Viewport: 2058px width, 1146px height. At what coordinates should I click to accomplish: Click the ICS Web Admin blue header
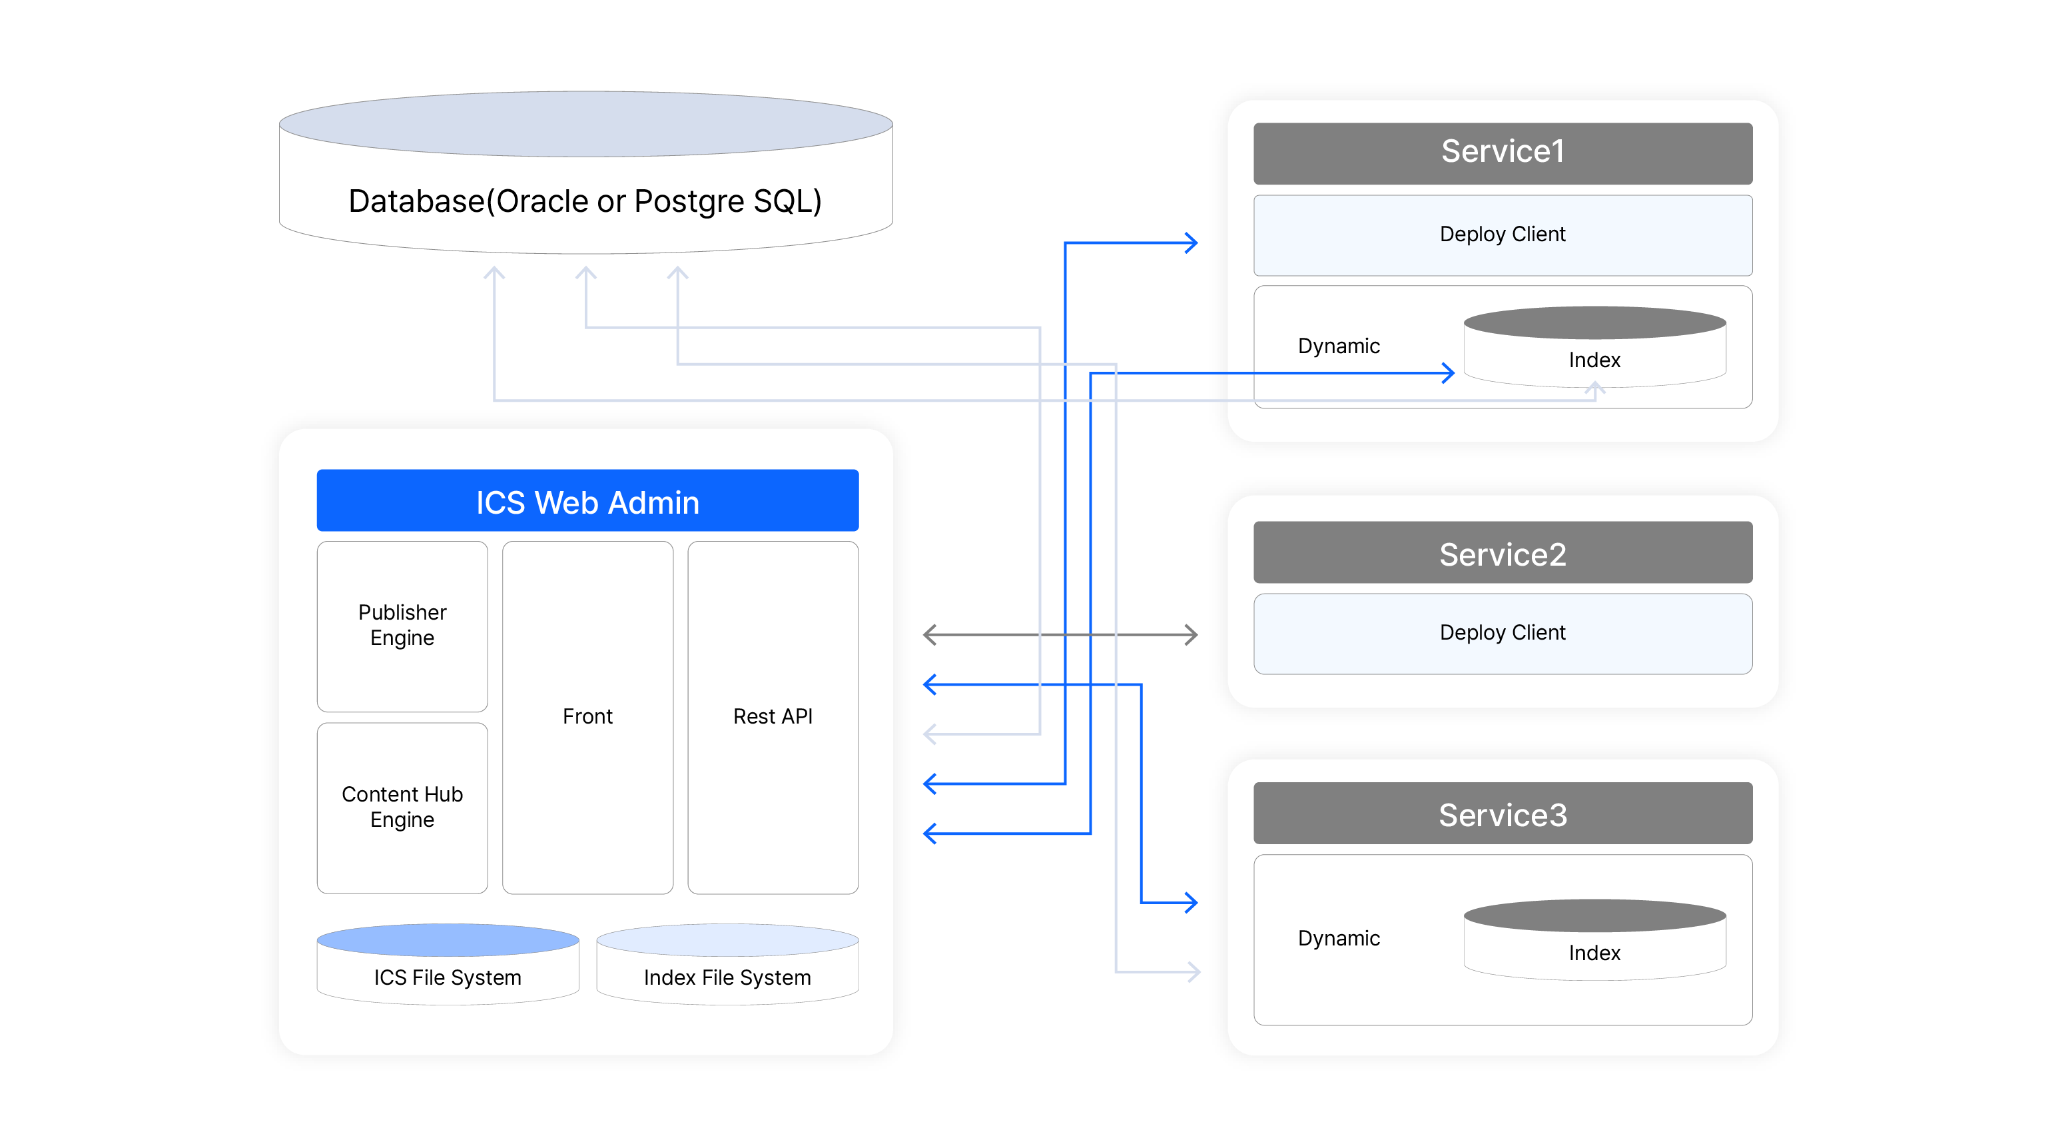click(587, 501)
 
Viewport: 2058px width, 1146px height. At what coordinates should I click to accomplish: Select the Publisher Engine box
click(402, 626)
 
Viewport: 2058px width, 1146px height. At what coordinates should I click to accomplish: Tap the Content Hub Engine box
click(402, 807)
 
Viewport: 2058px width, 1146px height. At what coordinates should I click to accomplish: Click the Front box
click(587, 717)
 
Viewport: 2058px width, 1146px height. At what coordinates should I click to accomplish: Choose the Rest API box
click(773, 717)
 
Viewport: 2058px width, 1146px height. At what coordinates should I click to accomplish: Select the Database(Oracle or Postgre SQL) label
click(585, 201)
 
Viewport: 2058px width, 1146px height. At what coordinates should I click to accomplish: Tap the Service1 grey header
click(1502, 153)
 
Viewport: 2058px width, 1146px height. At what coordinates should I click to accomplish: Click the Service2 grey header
click(1502, 553)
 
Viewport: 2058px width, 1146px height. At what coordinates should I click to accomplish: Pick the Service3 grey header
click(1502, 814)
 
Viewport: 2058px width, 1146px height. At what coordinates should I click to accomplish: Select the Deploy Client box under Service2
click(1502, 633)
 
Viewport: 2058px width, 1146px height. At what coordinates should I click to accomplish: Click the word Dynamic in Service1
click(1338, 346)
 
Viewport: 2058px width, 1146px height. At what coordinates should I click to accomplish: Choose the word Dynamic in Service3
click(1338, 938)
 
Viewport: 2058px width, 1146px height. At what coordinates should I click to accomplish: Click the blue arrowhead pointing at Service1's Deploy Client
click(1192, 242)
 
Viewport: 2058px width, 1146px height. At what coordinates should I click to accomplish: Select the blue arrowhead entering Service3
click(1192, 902)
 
